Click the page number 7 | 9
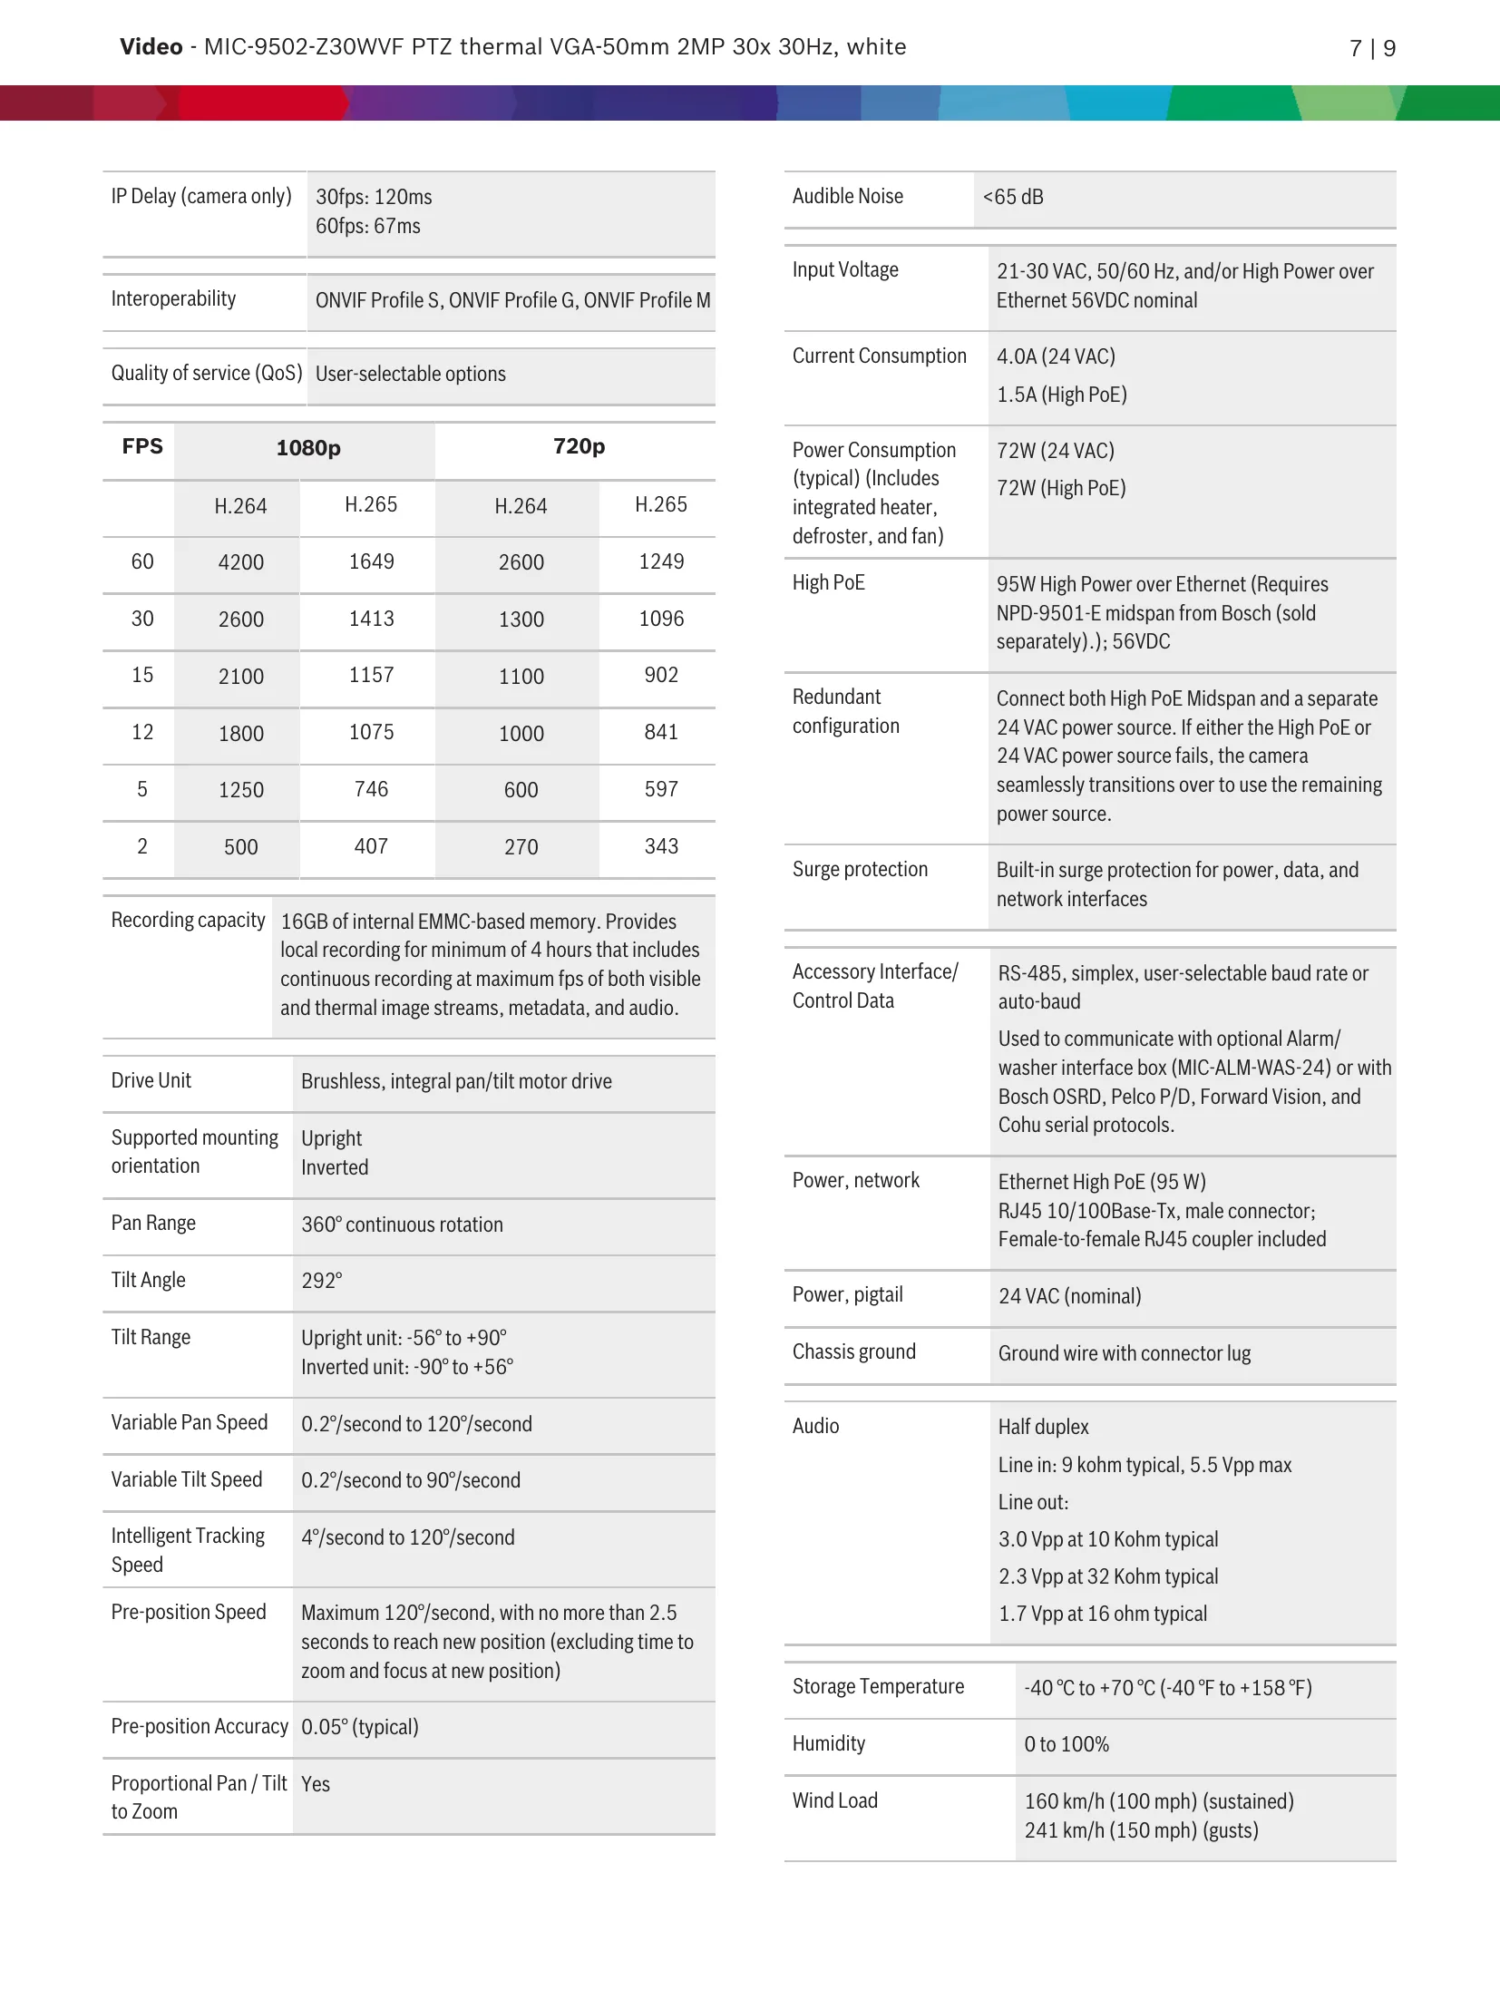(1371, 48)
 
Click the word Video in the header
(151, 47)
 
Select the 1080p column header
(308, 448)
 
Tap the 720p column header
(579, 446)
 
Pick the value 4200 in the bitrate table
(240, 562)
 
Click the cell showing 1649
(371, 561)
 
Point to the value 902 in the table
(661, 675)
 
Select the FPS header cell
(142, 446)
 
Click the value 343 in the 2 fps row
(661, 846)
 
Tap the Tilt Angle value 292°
(322, 1281)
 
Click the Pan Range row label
(153, 1223)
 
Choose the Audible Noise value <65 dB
(1013, 197)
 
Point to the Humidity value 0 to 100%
(1067, 1744)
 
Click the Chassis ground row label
(853, 1351)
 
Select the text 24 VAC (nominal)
(1069, 1296)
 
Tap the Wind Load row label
(834, 1800)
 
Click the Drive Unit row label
(151, 1080)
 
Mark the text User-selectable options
(410, 374)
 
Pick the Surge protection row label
(860, 869)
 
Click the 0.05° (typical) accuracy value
(359, 1727)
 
